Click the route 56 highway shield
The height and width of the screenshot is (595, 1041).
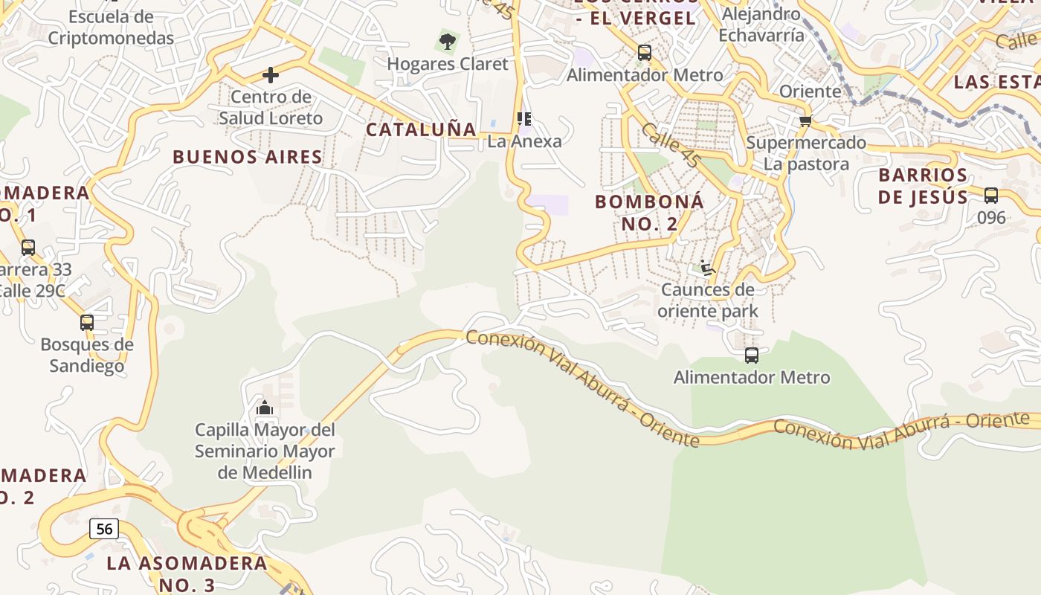tap(104, 529)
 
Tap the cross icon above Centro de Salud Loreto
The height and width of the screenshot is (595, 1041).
tap(271, 74)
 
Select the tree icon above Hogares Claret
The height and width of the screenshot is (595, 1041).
tap(447, 42)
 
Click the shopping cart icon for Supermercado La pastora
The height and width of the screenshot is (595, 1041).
tap(805, 120)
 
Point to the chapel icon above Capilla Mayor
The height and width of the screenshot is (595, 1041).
tap(265, 408)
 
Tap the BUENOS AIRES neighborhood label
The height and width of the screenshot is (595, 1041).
tap(248, 157)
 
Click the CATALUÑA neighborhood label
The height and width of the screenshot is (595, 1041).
tap(421, 129)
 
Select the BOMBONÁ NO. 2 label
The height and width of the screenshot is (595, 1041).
tap(649, 212)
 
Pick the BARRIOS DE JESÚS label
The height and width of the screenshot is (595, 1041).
tap(923, 186)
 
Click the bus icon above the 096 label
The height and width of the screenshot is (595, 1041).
tap(991, 196)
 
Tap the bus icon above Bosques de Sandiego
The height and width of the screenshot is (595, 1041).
tap(87, 323)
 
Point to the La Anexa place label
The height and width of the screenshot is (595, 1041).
tap(524, 141)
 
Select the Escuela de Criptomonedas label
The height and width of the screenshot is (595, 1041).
tap(111, 28)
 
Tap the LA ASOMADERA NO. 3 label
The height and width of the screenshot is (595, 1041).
tap(186, 573)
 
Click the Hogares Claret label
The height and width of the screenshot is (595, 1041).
tap(448, 64)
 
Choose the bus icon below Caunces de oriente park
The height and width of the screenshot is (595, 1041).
tap(752, 356)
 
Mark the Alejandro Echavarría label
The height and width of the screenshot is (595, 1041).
tap(762, 25)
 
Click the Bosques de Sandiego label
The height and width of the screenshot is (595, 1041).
tap(87, 355)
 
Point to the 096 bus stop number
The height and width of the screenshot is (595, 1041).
tap(991, 217)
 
